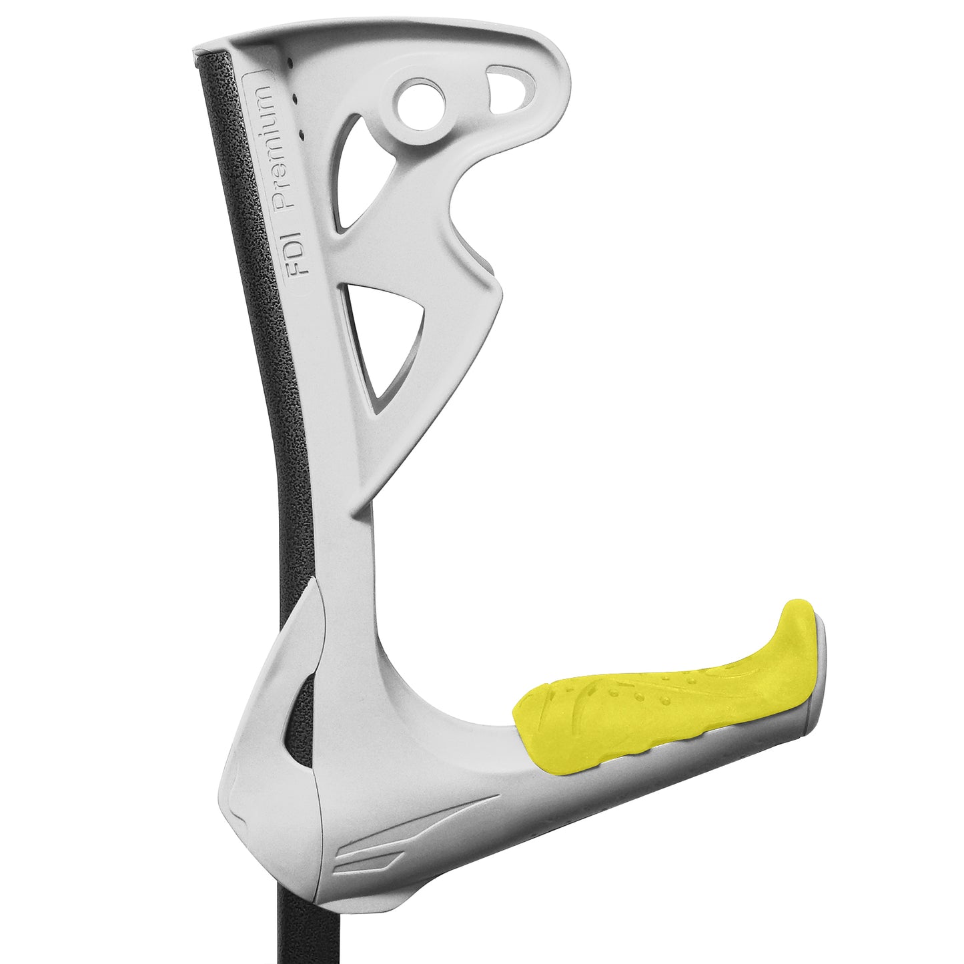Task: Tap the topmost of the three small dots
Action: [292, 63]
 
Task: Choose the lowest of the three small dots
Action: [300, 135]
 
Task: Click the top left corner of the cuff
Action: [195, 51]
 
